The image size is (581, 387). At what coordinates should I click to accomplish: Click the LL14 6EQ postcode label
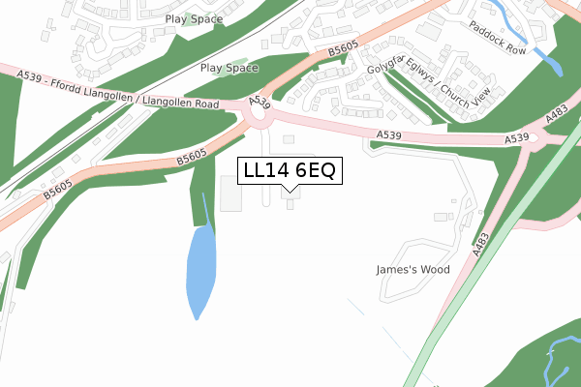[290, 171]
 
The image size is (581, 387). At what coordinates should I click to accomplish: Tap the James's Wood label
[413, 270]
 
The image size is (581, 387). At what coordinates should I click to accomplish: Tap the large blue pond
[201, 266]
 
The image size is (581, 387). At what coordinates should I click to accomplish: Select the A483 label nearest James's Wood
[478, 241]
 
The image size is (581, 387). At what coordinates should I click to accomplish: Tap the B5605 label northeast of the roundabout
[342, 49]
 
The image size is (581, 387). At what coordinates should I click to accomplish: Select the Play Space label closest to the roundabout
[229, 68]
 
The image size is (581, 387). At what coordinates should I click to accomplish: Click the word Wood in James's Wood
[435, 270]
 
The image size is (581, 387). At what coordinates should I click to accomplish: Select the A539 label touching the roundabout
[258, 101]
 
